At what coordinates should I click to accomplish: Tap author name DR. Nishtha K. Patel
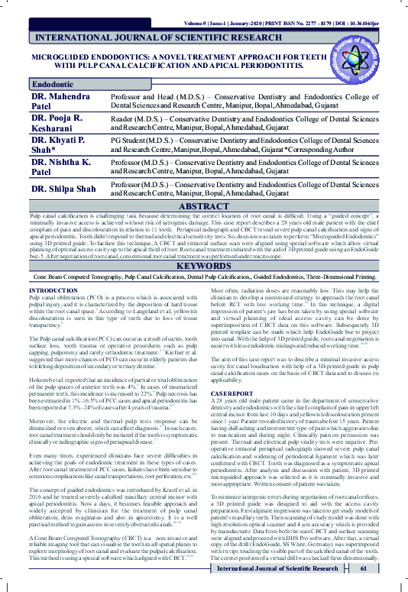[x=61, y=168]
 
